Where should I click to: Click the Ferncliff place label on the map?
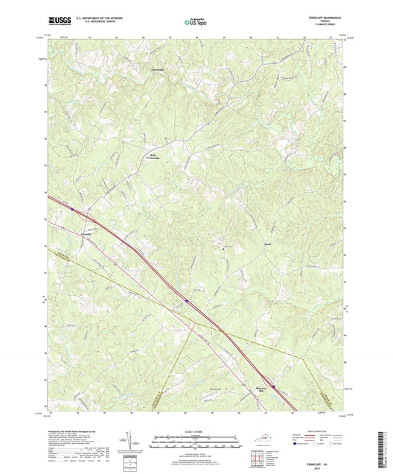[86, 234]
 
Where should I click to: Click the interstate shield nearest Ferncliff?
[73, 210]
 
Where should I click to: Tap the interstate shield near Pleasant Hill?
[274, 383]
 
